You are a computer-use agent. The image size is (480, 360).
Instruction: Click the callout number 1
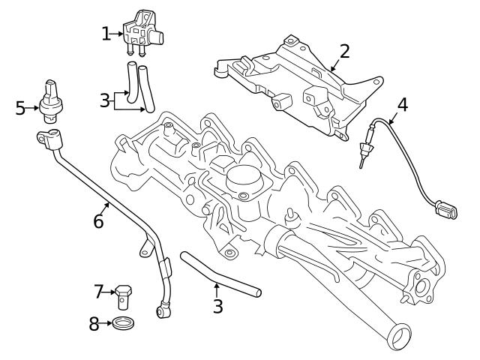106,33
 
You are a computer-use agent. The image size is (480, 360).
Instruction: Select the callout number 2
344,51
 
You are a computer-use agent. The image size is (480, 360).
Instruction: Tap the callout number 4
402,104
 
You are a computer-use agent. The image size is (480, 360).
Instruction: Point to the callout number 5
20,108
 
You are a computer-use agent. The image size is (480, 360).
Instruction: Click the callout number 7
98,290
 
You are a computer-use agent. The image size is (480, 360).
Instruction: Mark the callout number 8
94,324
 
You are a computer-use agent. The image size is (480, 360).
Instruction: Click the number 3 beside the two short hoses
106,100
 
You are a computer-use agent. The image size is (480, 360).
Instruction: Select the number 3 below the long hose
217,306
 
